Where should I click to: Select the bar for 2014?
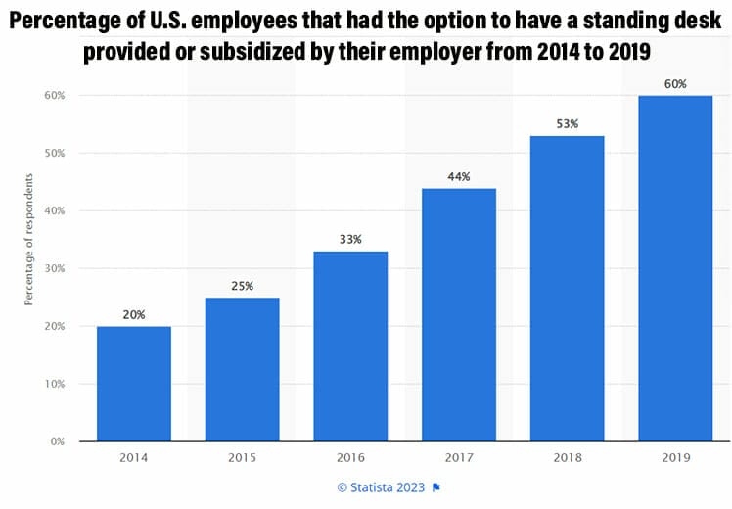[x=134, y=384]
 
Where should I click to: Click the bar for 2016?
[x=350, y=347]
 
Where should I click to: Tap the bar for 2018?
[x=567, y=289]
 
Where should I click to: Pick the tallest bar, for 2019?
[x=674, y=268]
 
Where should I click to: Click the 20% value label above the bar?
[x=134, y=315]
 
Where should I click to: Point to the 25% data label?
[x=243, y=286]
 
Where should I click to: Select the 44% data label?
[x=459, y=176]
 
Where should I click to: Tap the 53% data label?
[x=567, y=124]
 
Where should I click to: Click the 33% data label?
[x=350, y=240]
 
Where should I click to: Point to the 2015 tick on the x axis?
[x=243, y=457]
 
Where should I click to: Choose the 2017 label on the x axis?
[x=459, y=457]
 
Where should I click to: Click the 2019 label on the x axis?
[x=674, y=457]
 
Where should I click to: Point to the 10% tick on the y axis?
[x=55, y=384]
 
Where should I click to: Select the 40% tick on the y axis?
[x=55, y=210]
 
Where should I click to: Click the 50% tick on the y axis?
[x=55, y=153]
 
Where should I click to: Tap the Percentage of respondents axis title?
[x=28, y=240]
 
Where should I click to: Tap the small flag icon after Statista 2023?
[x=436, y=486]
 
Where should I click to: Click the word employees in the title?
[x=276, y=20]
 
